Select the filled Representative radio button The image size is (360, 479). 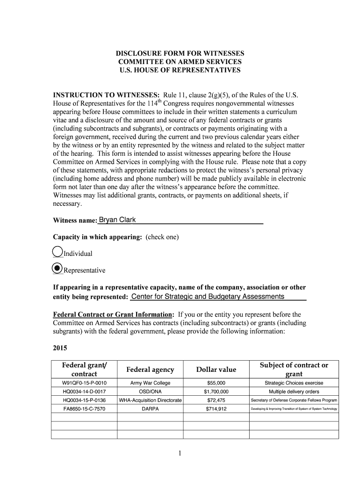[57, 269]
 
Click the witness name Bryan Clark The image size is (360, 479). [115, 220]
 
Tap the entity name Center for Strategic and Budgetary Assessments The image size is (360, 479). [208, 297]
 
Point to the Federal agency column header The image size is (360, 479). [150, 370]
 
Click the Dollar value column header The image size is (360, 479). [216, 370]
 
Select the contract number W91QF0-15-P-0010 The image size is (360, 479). [85, 383]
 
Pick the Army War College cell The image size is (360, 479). [150, 383]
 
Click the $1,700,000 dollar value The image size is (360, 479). [216, 392]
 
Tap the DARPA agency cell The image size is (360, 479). [150, 409]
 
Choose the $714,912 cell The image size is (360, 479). [216, 409]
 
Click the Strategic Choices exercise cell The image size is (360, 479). [294, 383]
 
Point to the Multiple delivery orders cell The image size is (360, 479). [294, 392]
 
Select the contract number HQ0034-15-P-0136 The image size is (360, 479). [85, 400]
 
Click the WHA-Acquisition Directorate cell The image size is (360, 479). [150, 400]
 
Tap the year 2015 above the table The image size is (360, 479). [60, 348]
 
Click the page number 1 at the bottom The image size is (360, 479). [180, 453]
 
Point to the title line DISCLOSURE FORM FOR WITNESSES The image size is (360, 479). [180, 53]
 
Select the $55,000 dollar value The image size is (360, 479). [216, 383]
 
